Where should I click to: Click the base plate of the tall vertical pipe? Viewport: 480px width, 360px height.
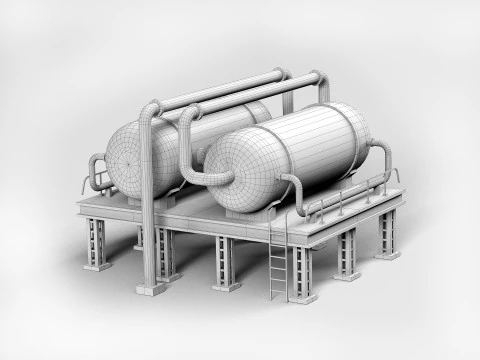pos(152,288)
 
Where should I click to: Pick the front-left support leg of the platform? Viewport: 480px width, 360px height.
pos(96,244)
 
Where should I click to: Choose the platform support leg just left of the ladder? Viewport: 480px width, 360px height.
pos(225,264)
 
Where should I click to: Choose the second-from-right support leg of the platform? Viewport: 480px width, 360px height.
pos(347,255)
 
